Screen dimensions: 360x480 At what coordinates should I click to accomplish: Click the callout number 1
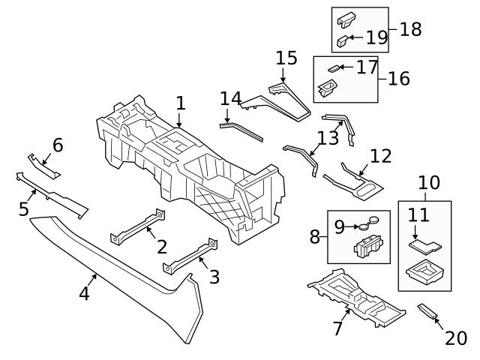pyautogui.click(x=180, y=103)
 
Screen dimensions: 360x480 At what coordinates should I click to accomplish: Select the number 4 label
pyautogui.click(x=85, y=293)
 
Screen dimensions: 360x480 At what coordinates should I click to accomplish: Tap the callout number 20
pyautogui.click(x=456, y=338)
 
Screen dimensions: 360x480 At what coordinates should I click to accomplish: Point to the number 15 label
pyautogui.click(x=286, y=58)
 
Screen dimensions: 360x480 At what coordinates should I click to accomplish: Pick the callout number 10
pyautogui.click(x=429, y=182)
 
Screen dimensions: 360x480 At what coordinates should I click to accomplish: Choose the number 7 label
pyautogui.click(x=337, y=328)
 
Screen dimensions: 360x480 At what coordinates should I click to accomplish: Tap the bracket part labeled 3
pyautogui.click(x=187, y=256)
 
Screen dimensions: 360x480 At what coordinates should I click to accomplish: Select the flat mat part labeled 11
pyautogui.click(x=424, y=244)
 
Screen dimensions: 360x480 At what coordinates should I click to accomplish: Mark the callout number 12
pyautogui.click(x=380, y=155)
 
